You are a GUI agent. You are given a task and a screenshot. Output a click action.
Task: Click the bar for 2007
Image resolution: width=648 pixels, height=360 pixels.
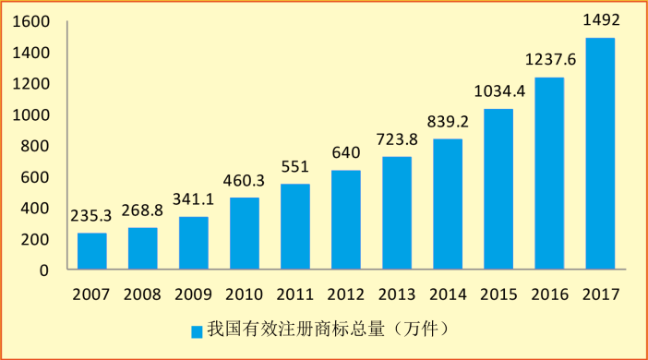pyautogui.click(x=92, y=251)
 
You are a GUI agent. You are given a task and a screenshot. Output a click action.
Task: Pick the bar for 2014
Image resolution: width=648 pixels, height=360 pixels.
pyautogui.click(x=448, y=204)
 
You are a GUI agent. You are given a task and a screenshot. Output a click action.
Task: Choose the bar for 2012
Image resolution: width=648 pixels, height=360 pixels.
pyautogui.click(x=346, y=220)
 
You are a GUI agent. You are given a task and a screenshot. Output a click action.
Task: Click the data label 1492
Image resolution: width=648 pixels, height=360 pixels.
pyautogui.click(x=600, y=19)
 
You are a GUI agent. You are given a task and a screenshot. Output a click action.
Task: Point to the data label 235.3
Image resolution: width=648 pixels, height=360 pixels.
pyautogui.click(x=92, y=215)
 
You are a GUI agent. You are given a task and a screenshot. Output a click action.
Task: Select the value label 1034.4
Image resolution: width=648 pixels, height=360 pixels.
pyautogui.click(x=499, y=91)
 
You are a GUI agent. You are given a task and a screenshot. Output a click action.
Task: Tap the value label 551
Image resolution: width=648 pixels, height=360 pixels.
pyautogui.click(x=295, y=167)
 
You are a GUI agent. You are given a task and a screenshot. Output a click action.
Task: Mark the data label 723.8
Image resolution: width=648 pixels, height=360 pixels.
pyautogui.click(x=398, y=140)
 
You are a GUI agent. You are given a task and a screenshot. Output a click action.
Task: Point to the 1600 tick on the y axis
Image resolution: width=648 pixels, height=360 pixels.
pyautogui.click(x=32, y=21)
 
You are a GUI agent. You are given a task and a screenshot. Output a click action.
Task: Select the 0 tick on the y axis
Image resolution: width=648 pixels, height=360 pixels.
pyautogui.click(x=45, y=270)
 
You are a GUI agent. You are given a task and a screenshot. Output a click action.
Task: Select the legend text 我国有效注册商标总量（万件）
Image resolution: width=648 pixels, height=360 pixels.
pyautogui.click(x=327, y=330)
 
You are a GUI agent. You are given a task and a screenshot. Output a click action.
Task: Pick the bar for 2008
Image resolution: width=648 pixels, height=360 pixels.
pyautogui.click(x=143, y=248)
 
